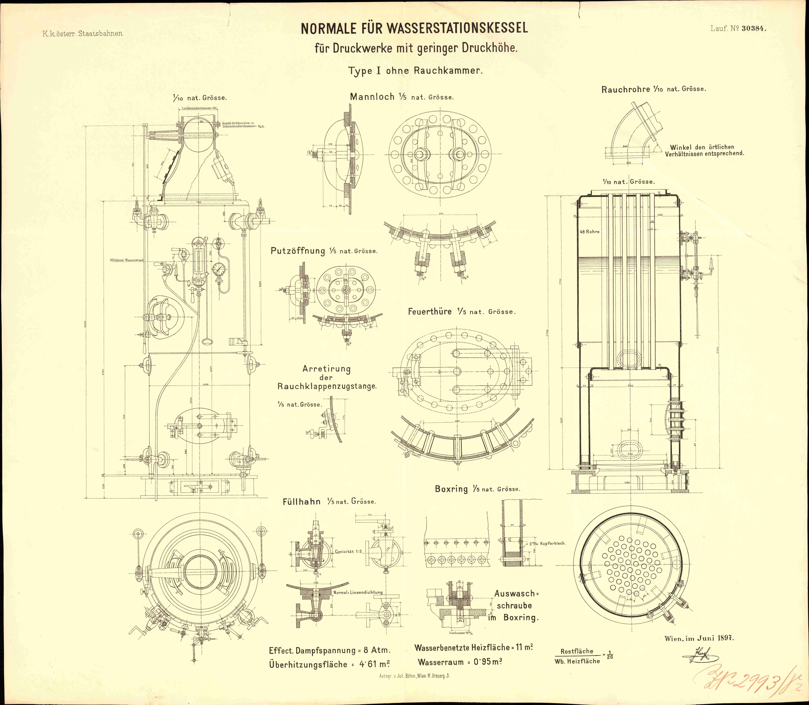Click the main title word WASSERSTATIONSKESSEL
tap(457, 29)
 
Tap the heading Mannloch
tap(372, 97)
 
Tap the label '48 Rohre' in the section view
tap(590, 232)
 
